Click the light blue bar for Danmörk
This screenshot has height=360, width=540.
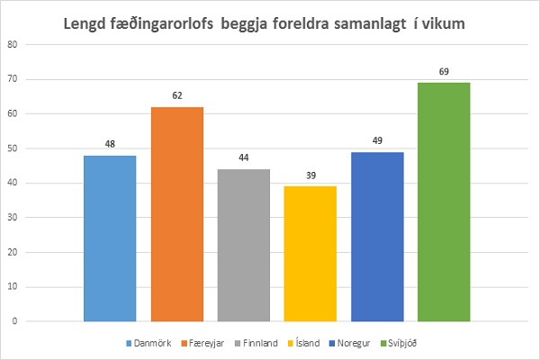tap(110, 238)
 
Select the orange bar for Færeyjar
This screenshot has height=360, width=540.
tap(176, 214)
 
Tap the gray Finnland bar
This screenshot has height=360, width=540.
tap(243, 245)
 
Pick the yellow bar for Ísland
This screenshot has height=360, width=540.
tap(310, 254)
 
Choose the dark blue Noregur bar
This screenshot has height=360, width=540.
tap(377, 237)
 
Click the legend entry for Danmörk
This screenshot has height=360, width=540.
tap(148, 343)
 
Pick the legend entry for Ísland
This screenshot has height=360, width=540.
tap(311, 343)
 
